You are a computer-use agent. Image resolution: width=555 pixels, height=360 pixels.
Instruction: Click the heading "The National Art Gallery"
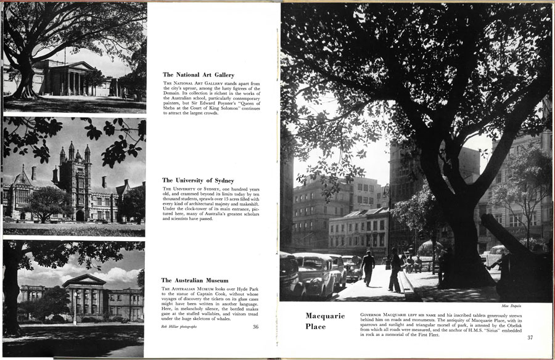[198, 75]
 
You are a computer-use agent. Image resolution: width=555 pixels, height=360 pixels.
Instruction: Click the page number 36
[255, 327]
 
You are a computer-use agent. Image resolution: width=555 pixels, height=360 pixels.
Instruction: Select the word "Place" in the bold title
[315, 326]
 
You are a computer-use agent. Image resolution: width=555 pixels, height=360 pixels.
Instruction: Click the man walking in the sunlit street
[368, 267]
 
